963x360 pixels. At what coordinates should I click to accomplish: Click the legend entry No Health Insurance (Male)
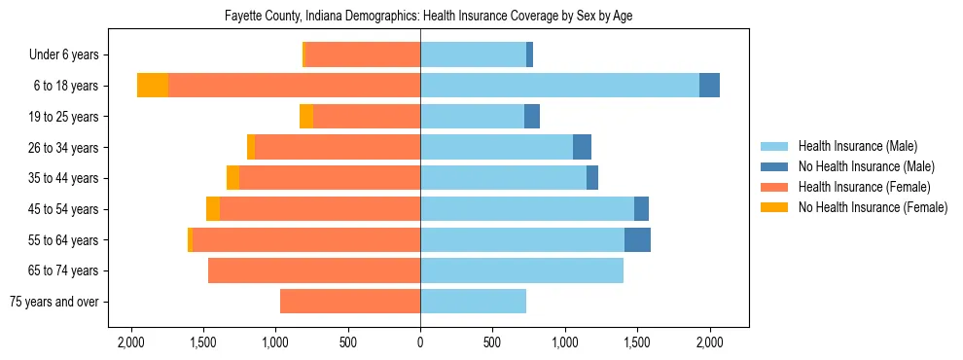pyautogui.click(x=866, y=166)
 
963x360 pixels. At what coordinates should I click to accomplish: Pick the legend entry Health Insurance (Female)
pyautogui.click(x=864, y=187)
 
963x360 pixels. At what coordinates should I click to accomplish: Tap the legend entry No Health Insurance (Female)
pyautogui.click(x=873, y=207)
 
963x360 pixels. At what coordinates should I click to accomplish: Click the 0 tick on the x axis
pyautogui.click(x=420, y=342)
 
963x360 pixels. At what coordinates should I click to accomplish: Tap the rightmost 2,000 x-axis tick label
pyautogui.click(x=709, y=342)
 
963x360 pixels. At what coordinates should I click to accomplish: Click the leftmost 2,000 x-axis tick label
pyautogui.click(x=130, y=342)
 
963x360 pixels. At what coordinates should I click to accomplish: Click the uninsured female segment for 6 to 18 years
pyautogui.click(x=153, y=86)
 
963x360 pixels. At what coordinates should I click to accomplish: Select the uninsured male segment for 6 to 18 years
pyautogui.click(x=709, y=86)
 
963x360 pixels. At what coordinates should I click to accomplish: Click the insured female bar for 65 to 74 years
pyautogui.click(x=314, y=270)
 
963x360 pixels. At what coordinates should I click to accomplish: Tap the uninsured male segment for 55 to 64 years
pyautogui.click(x=637, y=239)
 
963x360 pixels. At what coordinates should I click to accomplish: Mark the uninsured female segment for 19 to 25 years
pyautogui.click(x=306, y=117)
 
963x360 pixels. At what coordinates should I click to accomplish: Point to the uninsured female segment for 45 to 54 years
pyautogui.click(x=213, y=209)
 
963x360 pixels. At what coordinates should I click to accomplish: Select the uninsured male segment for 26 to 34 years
pyautogui.click(x=582, y=148)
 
